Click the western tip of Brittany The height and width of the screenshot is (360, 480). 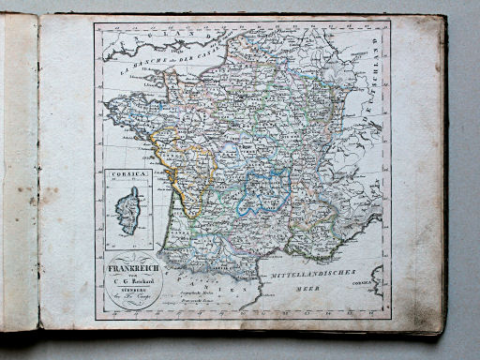pos(109,106)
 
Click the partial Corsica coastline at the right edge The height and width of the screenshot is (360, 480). pos(380,280)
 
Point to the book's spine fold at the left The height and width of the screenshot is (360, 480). pos(38,178)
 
